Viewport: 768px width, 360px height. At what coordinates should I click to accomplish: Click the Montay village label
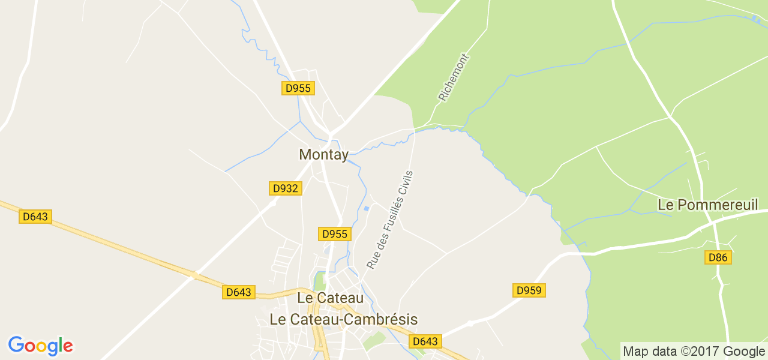tap(323, 154)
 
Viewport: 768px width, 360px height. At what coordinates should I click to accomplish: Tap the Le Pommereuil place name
tap(709, 205)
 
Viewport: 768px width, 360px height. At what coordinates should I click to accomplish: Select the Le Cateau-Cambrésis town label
tap(343, 319)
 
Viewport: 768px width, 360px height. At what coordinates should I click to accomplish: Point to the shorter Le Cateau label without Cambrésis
tap(331, 298)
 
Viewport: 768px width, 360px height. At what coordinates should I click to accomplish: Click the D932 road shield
tap(285, 188)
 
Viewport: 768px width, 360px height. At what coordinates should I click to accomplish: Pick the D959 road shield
tap(529, 291)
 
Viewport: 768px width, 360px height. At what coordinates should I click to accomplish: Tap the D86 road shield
tap(718, 257)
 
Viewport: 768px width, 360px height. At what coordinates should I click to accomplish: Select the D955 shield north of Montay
tap(298, 88)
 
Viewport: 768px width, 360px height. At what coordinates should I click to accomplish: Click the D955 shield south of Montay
tap(335, 234)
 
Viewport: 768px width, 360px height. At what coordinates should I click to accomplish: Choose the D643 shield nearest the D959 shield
tap(425, 341)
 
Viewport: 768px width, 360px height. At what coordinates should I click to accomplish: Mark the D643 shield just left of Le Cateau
tap(239, 292)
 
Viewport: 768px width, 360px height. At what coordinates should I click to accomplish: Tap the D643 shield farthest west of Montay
tap(35, 217)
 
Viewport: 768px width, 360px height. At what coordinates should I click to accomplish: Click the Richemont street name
tap(453, 77)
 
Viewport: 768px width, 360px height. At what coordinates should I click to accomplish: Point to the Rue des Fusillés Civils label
tap(390, 220)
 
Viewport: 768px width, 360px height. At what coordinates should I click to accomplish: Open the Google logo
tap(40, 346)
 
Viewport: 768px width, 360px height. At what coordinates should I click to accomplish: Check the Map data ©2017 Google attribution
tap(693, 351)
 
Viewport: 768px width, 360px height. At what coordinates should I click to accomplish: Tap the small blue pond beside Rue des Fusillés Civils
tap(366, 209)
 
